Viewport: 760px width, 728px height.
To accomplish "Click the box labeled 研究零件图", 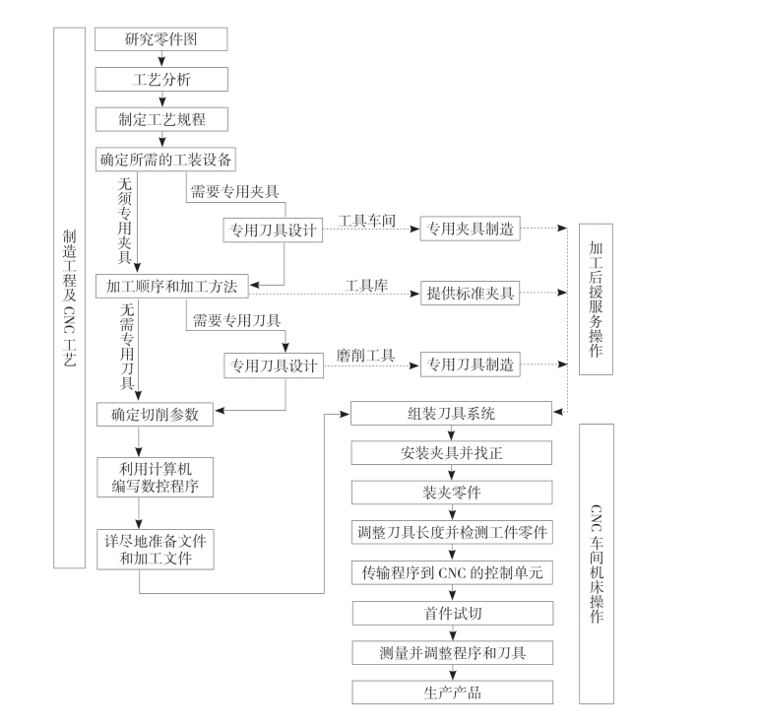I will [161, 39].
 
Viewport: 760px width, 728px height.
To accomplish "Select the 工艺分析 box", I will [161, 80].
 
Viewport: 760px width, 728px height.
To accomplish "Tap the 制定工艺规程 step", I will [161, 119].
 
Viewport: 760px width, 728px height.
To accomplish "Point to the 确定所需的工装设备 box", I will [166, 159].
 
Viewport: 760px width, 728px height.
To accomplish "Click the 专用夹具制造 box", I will [470, 230].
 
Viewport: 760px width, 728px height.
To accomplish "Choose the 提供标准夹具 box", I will [470, 293].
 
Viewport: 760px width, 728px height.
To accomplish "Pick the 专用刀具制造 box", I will [470, 364].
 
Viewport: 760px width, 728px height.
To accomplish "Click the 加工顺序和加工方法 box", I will [172, 287].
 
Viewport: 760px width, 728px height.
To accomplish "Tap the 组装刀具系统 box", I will [452, 414].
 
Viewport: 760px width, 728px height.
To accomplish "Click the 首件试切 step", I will [452, 613].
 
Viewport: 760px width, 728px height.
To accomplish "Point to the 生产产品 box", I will [452, 692].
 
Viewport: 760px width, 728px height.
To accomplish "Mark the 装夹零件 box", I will [452, 493].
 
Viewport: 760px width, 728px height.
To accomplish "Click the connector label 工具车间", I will [366, 221].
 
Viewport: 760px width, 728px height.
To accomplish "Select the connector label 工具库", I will [366, 285].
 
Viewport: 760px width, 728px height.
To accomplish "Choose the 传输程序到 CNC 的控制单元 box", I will [452, 572].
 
